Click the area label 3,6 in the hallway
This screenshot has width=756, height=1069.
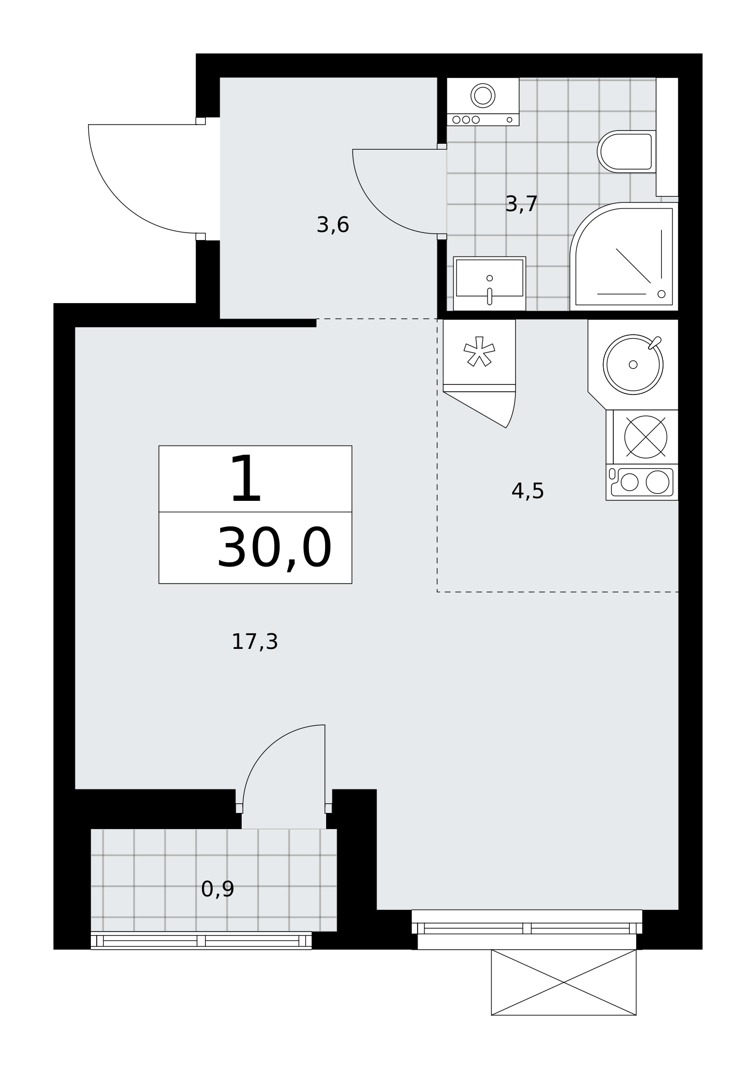pos(333,225)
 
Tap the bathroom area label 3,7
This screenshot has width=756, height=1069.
pos(521,204)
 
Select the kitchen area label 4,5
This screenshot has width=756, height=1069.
pos(528,491)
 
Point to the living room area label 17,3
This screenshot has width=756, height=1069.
pos(254,641)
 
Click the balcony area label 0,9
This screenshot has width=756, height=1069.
pos(218,889)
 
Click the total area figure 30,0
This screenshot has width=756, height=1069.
pos(274,548)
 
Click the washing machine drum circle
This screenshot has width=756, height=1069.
pos(483,96)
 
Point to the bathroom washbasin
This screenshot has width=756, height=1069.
pos(489,283)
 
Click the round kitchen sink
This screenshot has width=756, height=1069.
pos(633,365)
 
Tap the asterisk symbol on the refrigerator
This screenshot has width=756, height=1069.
pos(479,352)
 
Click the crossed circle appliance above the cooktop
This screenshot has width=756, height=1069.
pos(645,437)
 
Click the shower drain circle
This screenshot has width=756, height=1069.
pos(661,294)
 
